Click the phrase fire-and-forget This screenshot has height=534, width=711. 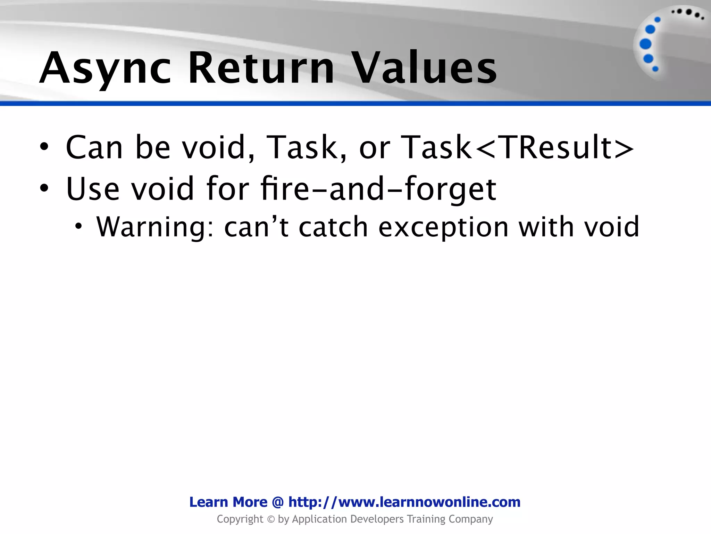pos(378,189)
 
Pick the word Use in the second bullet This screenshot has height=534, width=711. pos(92,189)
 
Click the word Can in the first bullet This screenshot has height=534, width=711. pos(94,148)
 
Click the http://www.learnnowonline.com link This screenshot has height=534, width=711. pos(404,502)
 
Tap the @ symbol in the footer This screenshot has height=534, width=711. pos(278,502)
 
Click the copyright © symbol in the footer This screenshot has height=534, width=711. pos(271,519)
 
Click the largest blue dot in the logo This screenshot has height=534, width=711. pos(645,44)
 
